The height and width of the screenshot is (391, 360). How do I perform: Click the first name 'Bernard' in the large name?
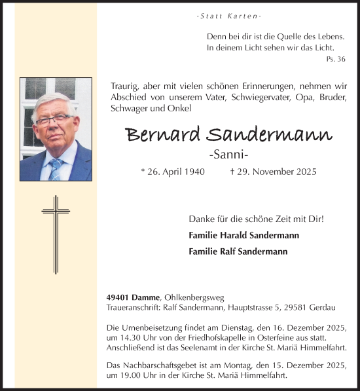163,135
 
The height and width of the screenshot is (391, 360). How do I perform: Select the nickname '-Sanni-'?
228,155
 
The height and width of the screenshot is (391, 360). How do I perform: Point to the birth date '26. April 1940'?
173,172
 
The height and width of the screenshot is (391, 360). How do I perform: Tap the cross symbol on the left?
56,233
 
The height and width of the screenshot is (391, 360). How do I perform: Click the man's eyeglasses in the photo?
54,121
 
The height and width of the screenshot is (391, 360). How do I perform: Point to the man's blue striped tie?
56,169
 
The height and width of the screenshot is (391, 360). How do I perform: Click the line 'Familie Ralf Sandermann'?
238,251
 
